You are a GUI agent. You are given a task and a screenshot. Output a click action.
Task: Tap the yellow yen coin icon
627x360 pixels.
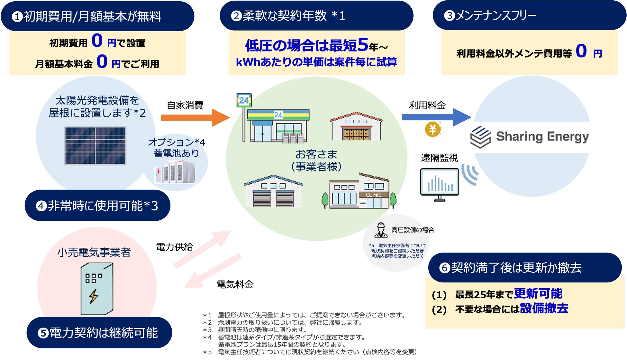tap(432, 129)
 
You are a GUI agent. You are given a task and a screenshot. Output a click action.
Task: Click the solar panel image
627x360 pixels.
tap(95, 146)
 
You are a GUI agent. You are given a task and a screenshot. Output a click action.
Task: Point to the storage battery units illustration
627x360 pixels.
tap(175, 172)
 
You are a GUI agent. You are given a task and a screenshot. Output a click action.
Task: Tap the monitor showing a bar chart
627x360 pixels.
tap(440, 184)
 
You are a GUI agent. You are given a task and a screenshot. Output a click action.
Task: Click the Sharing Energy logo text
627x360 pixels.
tap(542, 137)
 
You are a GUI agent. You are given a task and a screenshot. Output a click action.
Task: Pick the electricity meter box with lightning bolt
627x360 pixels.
tap(96, 289)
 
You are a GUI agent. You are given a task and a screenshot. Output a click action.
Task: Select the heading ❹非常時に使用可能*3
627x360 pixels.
tap(97, 206)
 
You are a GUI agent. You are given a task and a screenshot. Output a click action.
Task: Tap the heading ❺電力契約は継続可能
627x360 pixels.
tap(99, 333)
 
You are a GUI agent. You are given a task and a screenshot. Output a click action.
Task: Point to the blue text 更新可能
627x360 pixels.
tap(538, 293)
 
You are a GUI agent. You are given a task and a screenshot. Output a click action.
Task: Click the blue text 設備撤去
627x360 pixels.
tap(544, 308)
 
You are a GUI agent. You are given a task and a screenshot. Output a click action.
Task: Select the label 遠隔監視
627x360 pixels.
tap(439, 158)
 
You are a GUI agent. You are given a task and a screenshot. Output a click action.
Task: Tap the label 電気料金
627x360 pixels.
tap(235, 284)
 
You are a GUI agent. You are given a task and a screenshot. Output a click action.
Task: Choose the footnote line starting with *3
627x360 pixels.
tap(256, 330)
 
